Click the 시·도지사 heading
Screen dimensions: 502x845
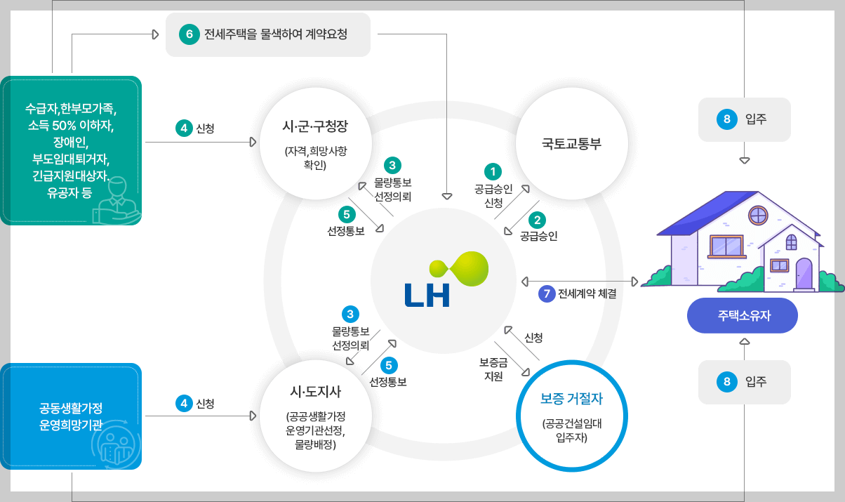[315, 392]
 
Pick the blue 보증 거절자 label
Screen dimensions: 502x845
[572, 399]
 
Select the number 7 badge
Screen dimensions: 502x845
[547, 293]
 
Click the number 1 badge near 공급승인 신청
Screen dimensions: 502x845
[493, 171]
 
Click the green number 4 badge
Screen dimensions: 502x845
[183, 128]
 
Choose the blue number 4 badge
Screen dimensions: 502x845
[183, 403]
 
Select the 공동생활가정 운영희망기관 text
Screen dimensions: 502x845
[71, 416]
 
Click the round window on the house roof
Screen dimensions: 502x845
[758, 214]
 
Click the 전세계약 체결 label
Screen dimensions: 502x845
[587, 294]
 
